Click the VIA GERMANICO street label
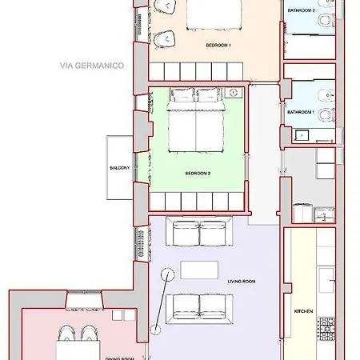tap(90, 66)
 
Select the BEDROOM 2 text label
tap(198, 173)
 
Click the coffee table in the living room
tap(199, 270)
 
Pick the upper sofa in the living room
tap(199, 234)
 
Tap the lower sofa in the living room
tap(199, 306)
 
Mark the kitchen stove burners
tap(326, 328)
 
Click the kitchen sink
tap(326, 279)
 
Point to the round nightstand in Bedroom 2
tap(233, 94)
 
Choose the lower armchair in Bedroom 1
tap(166, 37)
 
